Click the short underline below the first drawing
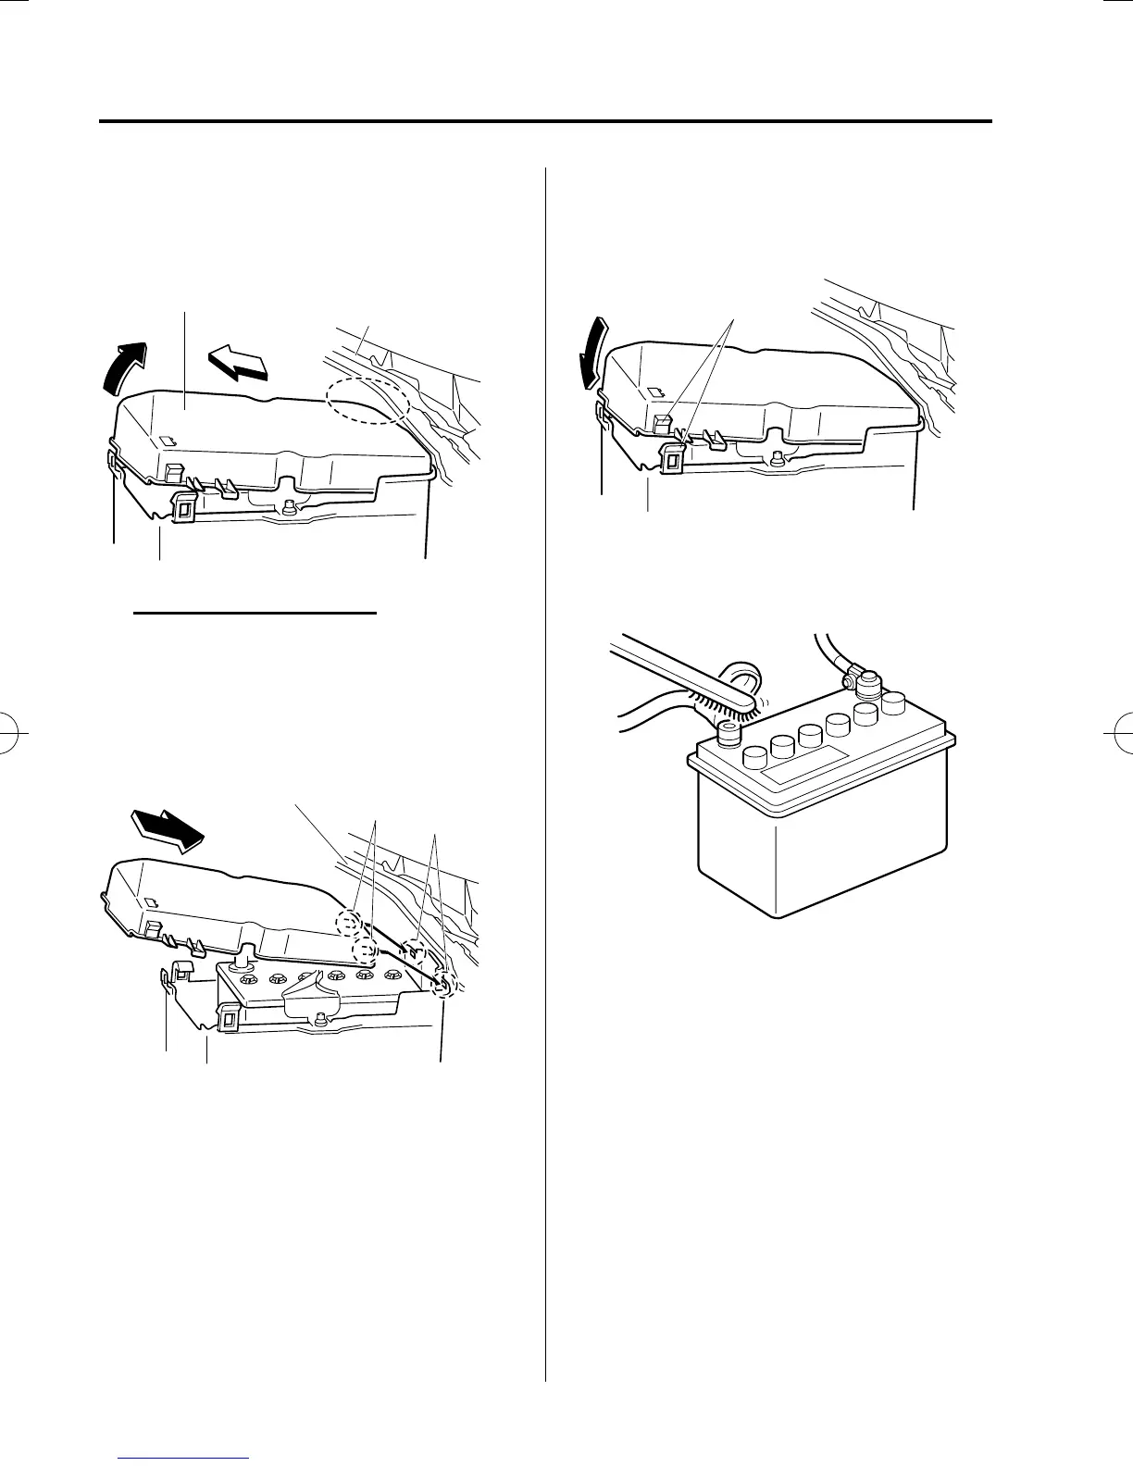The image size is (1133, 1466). point(255,613)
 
